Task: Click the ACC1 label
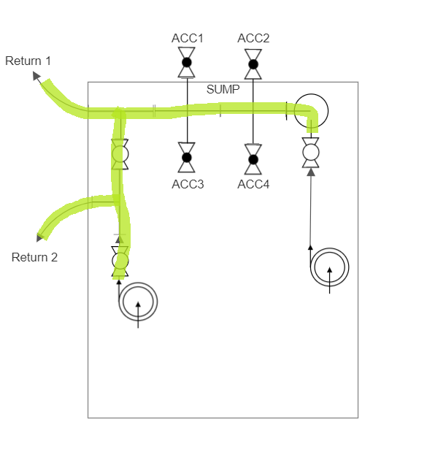pos(188,38)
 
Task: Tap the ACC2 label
pos(253,38)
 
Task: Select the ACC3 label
pos(188,184)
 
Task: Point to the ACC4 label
pos(253,184)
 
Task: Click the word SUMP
pos(223,89)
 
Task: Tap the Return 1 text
pos(28,61)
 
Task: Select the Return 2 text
pos(34,257)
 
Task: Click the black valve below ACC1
pos(187,63)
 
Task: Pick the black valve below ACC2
pos(253,64)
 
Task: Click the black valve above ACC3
pos(187,158)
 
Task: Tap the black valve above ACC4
pos(253,159)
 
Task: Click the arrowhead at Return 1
pos(36,76)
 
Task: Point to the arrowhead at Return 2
pos(39,237)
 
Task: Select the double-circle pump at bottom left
pos(138,302)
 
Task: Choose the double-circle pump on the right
pos(330,267)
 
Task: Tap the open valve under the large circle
pos(311,153)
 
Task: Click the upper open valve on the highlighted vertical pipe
pos(120,154)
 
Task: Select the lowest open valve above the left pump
pos(120,261)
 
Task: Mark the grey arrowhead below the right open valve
pos(311,172)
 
